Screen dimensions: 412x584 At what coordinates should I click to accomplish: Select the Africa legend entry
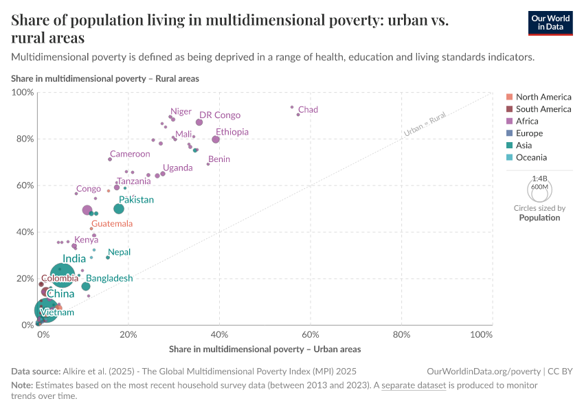(x=528, y=121)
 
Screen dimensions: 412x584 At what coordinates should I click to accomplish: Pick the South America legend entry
(x=543, y=109)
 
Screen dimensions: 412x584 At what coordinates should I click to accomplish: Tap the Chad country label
(x=308, y=110)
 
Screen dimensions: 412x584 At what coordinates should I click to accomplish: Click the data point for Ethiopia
(x=216, y=139)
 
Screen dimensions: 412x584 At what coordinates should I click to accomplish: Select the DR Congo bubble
(x=199, y=122)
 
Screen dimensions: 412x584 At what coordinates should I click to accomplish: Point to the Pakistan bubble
(x=119, y=209)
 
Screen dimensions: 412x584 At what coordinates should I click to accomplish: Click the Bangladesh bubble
(x=86, y=286)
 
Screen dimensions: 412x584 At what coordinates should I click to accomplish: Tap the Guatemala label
(x=111, y=224)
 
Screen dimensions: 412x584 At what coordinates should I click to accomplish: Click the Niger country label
(x=181, y=111)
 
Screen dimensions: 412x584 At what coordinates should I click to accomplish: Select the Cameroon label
(x=130, y=154)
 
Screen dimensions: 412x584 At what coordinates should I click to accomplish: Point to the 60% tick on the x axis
(x=311, y=334)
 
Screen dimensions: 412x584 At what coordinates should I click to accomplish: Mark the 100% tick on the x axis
(x=482, y=334)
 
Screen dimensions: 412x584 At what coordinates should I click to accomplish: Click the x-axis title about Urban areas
(x=265, y=350)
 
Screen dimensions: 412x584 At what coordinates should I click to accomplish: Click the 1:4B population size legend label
(x=539, y=178)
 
